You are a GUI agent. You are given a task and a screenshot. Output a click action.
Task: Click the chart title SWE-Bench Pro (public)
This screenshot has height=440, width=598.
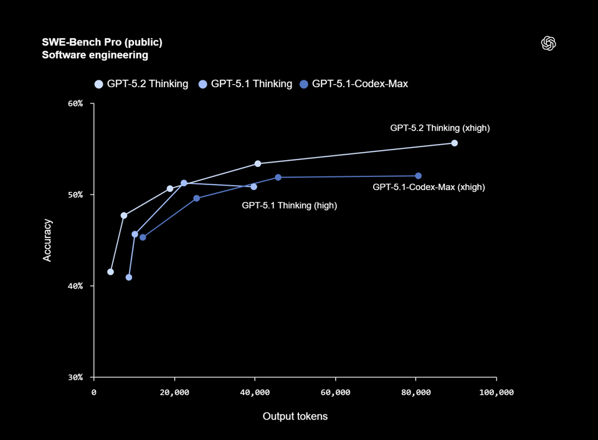[102, 42]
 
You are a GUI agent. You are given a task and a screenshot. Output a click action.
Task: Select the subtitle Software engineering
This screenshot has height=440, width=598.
[95, 55]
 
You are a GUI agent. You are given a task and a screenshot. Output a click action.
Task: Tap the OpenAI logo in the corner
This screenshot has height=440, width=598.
[549, 43]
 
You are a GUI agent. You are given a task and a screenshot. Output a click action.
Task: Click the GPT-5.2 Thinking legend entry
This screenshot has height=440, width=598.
[141, 84]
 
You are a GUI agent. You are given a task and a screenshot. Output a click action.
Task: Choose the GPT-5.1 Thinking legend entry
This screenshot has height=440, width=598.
[245, 84]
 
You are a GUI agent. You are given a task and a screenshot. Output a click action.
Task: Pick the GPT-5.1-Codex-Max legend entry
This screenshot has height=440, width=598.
[354, 84]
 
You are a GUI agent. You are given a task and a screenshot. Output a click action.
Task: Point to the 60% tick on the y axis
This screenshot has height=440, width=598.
[75, 103]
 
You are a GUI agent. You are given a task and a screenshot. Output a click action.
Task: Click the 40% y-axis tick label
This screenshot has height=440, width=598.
[75, 286]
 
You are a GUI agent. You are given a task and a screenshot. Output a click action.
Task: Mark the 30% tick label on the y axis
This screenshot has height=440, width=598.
[75, 377]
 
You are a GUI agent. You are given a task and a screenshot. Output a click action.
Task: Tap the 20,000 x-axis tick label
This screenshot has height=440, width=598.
[174, 392]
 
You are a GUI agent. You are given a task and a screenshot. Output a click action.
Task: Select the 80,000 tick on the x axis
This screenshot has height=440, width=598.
[416, 392]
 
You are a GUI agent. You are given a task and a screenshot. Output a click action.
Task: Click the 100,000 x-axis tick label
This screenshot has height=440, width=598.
[496, 392]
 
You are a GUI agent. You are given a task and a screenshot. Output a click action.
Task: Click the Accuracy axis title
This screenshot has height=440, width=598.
[47, 240]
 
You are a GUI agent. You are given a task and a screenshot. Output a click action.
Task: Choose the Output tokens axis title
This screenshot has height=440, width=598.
[295, 416]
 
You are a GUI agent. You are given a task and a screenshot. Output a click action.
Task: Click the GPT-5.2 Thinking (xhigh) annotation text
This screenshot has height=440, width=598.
[440, 128]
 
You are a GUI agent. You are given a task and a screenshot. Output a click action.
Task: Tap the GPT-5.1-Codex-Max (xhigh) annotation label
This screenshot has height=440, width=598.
[429, 187]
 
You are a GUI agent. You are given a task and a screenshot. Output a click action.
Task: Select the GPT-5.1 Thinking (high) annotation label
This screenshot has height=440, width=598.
[289, 205]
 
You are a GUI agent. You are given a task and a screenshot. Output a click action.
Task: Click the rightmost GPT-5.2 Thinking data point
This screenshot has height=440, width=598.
[454, 143]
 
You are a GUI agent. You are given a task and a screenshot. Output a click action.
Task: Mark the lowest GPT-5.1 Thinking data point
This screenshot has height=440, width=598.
[129, 277]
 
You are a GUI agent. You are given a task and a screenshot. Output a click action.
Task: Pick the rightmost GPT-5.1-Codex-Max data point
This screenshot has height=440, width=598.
[418, 176]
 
